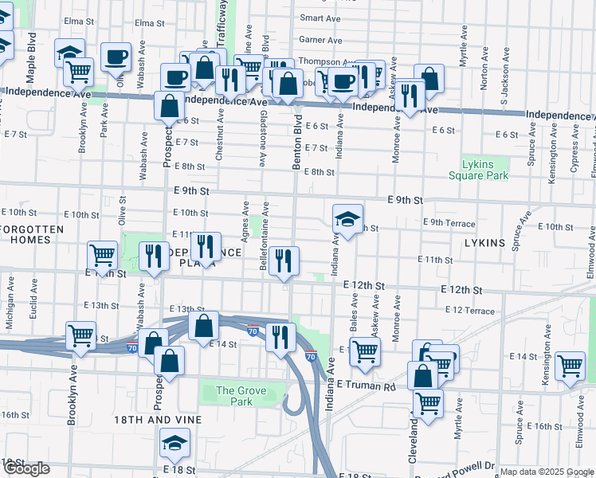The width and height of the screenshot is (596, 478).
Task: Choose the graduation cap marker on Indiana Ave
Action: click(347, 217)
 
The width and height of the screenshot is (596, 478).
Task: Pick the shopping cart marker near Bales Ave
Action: click(364, 351)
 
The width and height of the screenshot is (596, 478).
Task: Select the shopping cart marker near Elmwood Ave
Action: click(571, 366)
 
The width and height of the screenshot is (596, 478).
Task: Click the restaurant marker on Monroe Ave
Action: click(411, 96)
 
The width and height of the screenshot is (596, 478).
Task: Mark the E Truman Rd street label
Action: click(366, 385)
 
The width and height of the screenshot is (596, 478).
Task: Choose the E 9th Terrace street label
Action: click(449, 224)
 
